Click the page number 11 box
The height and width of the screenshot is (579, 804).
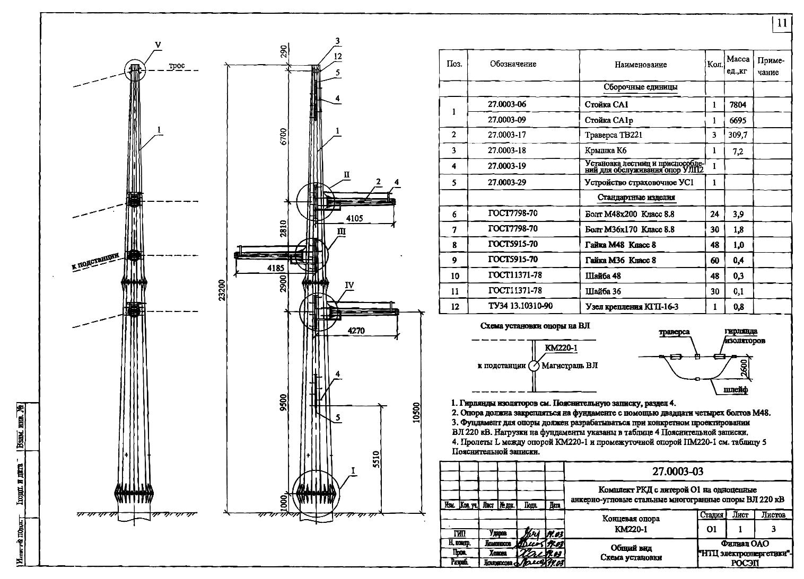[x=782, y=23]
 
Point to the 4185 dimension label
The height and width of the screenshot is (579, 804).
[x=276, y=268]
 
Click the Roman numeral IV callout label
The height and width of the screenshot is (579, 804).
[x=349, y=285]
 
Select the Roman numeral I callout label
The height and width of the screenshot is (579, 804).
[x=353, y=470]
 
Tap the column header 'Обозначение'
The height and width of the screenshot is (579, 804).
[x=513, y=64]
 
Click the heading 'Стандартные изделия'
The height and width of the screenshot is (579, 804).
[x=640, y=198]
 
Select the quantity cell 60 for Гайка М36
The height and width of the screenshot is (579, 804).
[x=714, y=260]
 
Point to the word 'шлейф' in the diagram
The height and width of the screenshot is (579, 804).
[x=736, y=390]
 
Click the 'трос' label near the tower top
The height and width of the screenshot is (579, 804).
[x=177, y=66]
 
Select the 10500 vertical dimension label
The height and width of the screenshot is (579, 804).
[x=416, y=413]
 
